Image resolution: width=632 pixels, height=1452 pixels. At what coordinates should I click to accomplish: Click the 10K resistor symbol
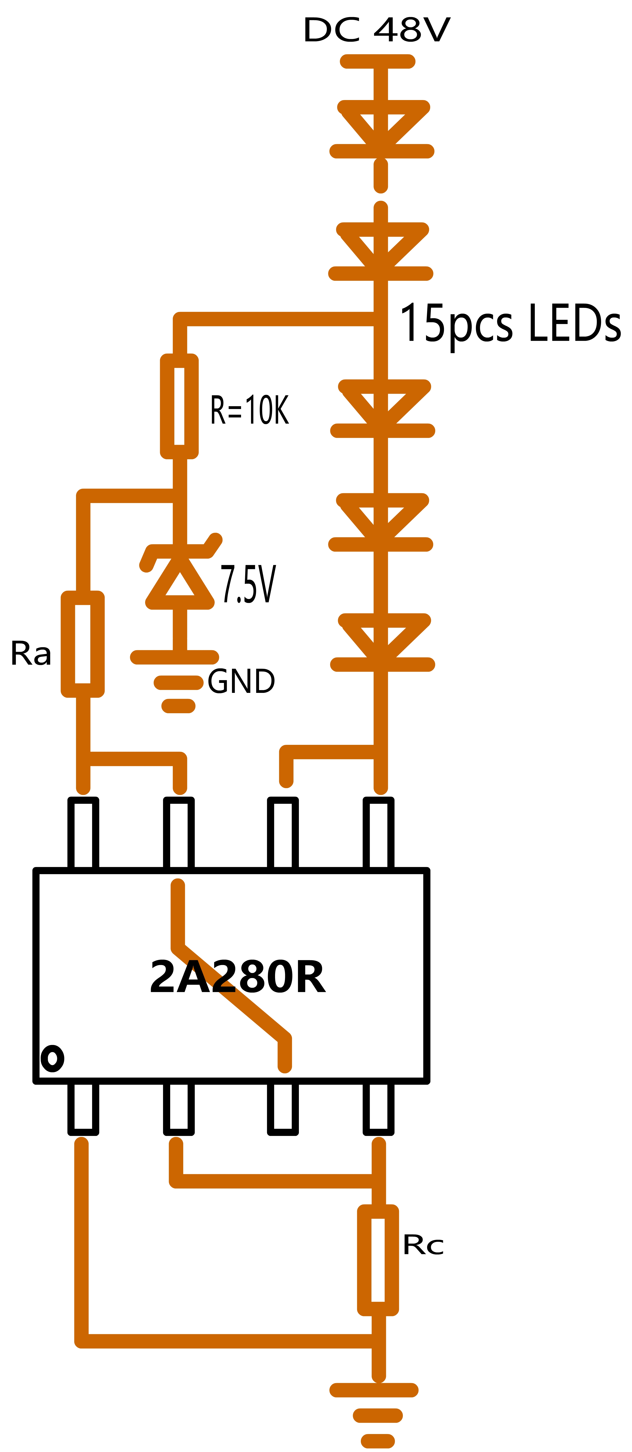pyautogui.click(x=179, y=406)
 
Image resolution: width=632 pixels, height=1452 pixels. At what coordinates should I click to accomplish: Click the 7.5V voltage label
pyautogui.click(x=248, y=585)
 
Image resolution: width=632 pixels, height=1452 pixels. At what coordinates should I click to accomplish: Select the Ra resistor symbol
pyautogui.click(x=83, y=644)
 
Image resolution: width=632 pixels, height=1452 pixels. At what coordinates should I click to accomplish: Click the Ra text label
pyautogui.click(x=31, y=654)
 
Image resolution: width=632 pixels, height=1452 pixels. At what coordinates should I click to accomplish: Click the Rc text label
pyautogui.click(x=423, y=1245)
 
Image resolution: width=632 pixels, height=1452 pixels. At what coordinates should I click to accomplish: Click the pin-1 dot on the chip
pyautogui.click(x=52, y=1059)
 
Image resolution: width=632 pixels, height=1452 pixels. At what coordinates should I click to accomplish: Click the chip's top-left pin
pyautogui.click(x=83, y=833)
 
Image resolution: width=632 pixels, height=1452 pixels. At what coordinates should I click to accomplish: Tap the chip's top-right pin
pyautogui.click(x=378, y=833)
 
